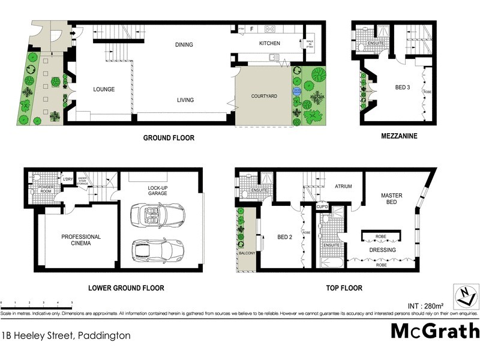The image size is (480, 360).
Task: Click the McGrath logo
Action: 435,331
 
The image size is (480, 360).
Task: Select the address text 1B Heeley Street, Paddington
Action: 66,336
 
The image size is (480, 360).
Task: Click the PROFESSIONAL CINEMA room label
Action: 81,241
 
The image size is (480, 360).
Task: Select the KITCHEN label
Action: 269,44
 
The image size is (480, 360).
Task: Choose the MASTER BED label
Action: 391,199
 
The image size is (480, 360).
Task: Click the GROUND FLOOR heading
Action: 169,138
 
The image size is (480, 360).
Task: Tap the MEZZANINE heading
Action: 399,136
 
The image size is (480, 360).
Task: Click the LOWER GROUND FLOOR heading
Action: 125,288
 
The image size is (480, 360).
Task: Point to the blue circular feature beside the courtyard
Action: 296,91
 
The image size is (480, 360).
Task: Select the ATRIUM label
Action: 343,187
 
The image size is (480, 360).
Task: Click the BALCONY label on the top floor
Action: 247,253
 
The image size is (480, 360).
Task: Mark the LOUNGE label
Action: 104,89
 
